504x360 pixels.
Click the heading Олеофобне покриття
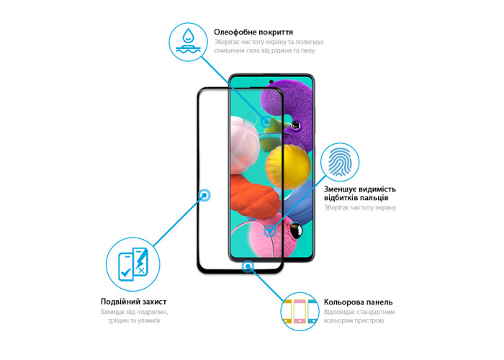pyautogui.click(x=253, y=32)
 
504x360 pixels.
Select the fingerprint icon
pyautogui.click(x=340, y=162)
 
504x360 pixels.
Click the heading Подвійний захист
pyautogui.click(x=133, y=302)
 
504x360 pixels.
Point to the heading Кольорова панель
pyautogui.click(x=358, y=302)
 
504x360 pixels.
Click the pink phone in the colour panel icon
pyautogui.click(x=300, y=312)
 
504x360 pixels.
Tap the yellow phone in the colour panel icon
pyautogui.click(x=287, y=312)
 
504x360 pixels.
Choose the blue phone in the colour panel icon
pyautogui.click(x=312, y=312)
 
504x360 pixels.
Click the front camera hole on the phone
pyautogui.click(x=271, y=81)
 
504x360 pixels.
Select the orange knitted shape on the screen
pyautogui.click(x=255, y=197)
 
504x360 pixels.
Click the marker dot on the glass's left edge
pyautogui.click(x=204, y=195)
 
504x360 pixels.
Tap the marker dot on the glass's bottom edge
pyautogui.click(x=248, y=266)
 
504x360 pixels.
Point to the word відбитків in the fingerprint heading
pyautogui.click(x=340, y=198)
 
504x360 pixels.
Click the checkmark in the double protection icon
pyautogui.click(x=125, y=274)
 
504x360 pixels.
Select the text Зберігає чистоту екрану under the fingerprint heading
pyautogui.click(x=360, y=207)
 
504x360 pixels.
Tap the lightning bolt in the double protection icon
pyautogui.click(x=141, y=258)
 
